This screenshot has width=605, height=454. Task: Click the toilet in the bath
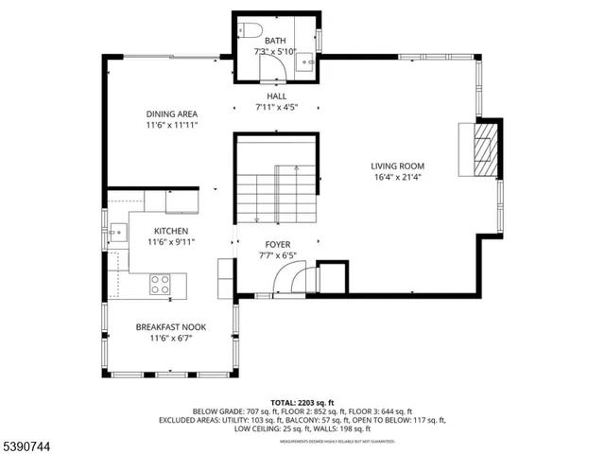[x=247, y=27]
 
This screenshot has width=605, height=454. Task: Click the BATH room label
[x=275, y=41]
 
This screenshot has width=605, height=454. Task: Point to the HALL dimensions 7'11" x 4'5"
[x=276, y=108]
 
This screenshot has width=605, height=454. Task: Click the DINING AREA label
[x=171, y=113]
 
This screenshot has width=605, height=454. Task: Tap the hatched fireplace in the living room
[x=484, y=148]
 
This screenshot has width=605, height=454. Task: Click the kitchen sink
[x=116, y=230]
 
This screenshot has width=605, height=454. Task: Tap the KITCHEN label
[x=171, y=231]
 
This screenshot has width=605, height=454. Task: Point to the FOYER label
[x=277, y=244]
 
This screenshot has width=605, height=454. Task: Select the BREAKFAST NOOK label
[x=171, y=327]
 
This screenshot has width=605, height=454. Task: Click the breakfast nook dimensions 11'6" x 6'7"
[x=171, y=339]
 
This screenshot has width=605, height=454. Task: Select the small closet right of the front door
[x=333, y=277]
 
